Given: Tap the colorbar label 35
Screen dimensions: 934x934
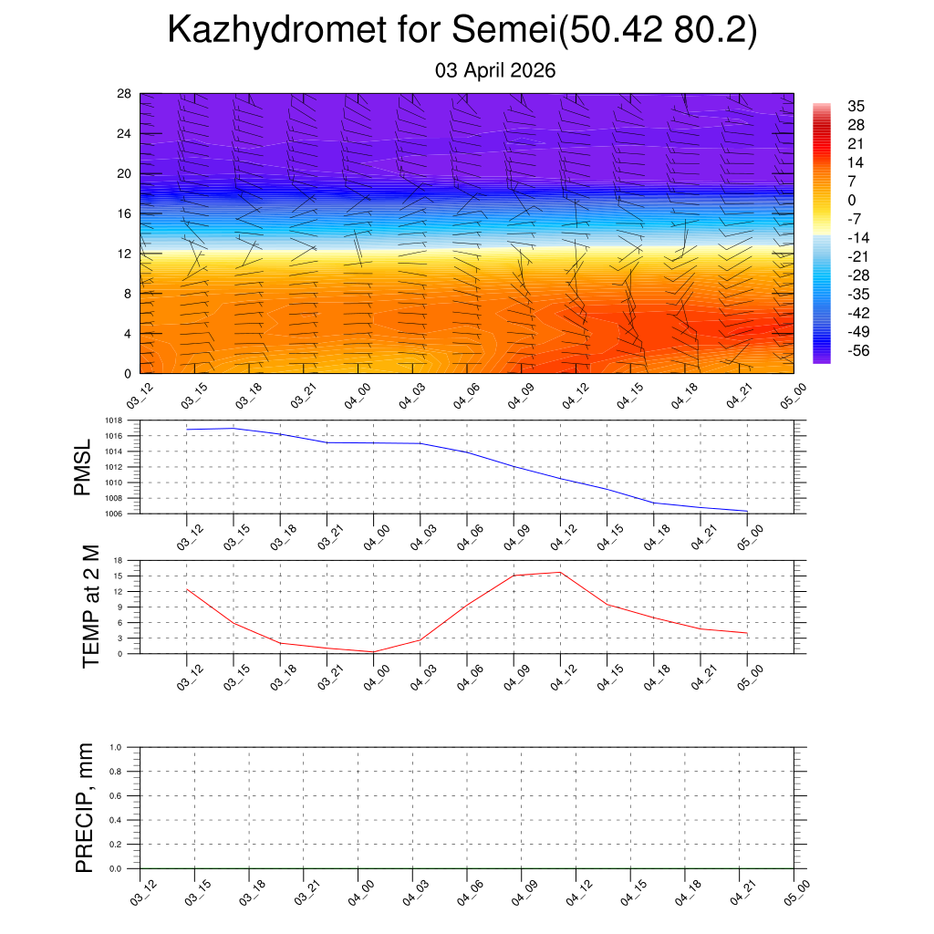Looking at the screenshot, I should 856,106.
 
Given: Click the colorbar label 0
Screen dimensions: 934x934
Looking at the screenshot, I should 852,200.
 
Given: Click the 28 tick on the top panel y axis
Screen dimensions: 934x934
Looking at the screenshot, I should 124,94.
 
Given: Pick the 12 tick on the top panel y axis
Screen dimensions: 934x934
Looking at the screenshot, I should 124,254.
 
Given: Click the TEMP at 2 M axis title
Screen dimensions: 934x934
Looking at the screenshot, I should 89,607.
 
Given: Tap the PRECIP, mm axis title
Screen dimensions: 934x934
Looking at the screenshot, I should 85,807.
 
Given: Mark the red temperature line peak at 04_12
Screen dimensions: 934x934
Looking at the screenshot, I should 560,573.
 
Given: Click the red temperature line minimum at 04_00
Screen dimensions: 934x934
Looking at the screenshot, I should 373,652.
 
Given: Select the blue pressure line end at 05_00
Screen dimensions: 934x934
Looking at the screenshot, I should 747,512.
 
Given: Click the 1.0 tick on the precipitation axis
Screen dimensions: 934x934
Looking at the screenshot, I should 116,747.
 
